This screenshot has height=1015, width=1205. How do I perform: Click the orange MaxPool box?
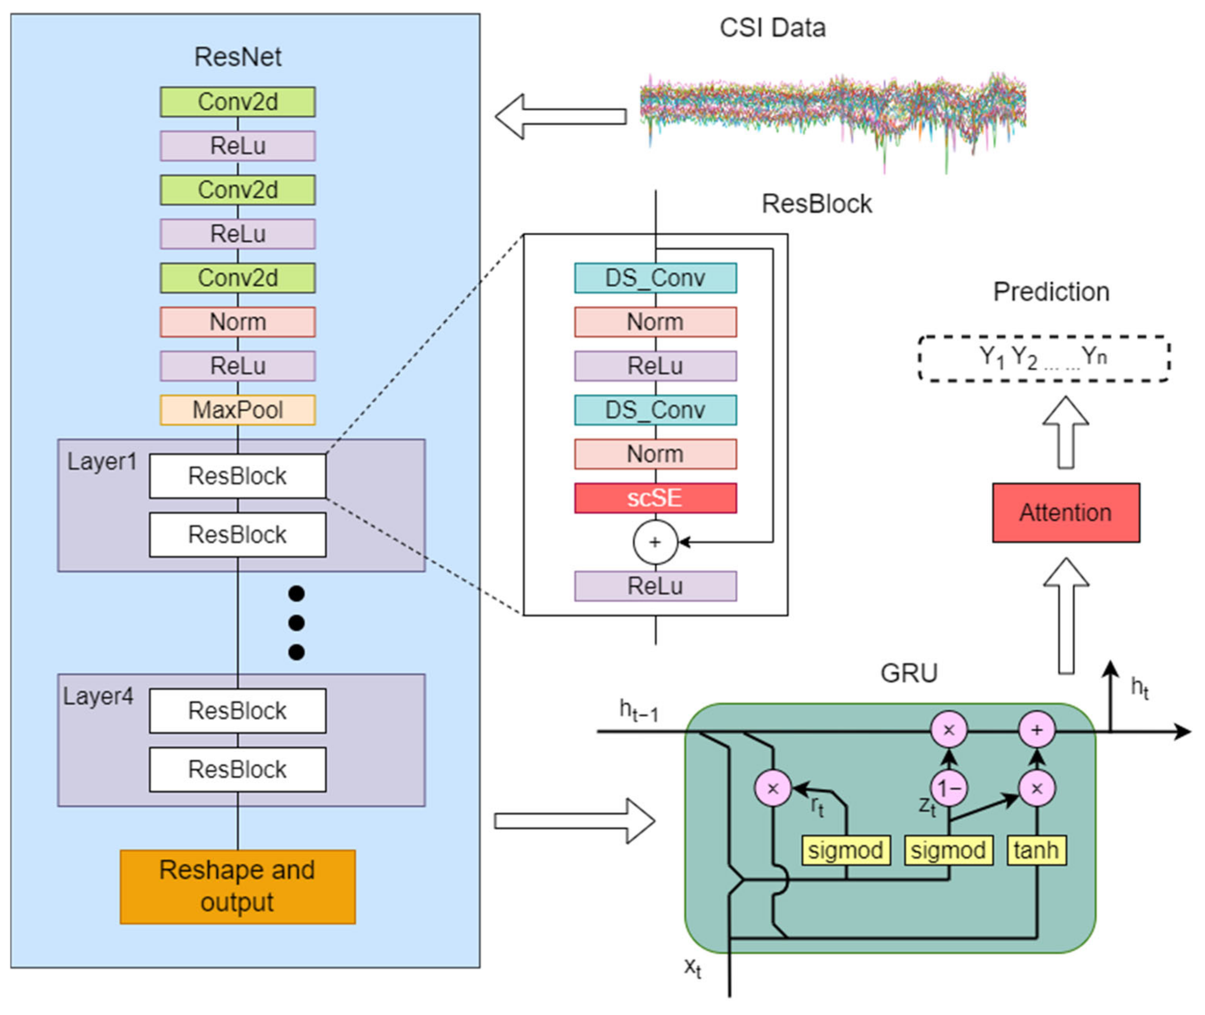[x=238, y=410]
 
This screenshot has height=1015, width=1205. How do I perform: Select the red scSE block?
[x=655, y=498]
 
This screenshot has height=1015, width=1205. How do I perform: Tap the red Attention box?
[x=1065, y=512]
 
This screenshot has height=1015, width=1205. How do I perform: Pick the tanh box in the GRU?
[x=1036, y=850]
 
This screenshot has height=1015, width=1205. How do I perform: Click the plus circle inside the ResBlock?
[x=655, y=542]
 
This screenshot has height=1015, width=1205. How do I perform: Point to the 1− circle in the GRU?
[x=949, y=788]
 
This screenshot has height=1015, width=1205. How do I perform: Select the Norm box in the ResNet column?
[x=238, y=321]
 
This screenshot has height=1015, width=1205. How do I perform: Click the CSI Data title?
[x=772, y=28]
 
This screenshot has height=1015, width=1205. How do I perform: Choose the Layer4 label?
[x=98, y=696]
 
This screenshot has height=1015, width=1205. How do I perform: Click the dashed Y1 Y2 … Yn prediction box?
[x=1043, y=358]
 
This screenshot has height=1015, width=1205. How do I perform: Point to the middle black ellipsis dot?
[x=296, y=623]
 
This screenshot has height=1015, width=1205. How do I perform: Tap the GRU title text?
[x=909, y=673]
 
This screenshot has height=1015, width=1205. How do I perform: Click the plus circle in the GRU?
[x=1036, y=730]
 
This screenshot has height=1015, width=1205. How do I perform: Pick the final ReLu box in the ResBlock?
[x=655, y=586]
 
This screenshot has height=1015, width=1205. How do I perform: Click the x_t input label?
[x=692, y=967]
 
